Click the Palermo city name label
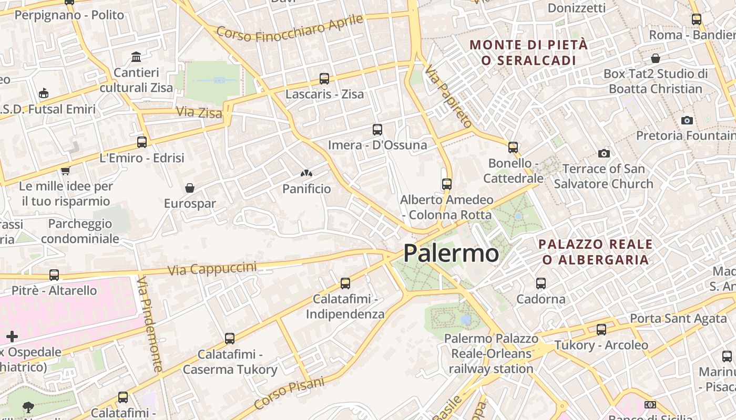[451, 254]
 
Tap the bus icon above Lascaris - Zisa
[324, 79]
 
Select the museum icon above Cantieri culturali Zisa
[136, 57]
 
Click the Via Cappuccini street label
[212, 269]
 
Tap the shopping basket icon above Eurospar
[190, 188]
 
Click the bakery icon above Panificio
[306, 173]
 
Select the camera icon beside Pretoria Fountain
[687, 120]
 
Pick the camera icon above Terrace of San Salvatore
[604, 153]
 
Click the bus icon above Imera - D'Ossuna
[377, 129]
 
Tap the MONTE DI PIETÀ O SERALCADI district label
[528, 52]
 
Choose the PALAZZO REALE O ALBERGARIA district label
[596, 251]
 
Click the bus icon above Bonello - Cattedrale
[513, 148]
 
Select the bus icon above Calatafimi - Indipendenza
[345, 283]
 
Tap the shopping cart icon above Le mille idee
[66, 170]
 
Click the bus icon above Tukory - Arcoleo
[601, 330]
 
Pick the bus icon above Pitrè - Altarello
[54, 275]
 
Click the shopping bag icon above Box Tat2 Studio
[655, 58]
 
